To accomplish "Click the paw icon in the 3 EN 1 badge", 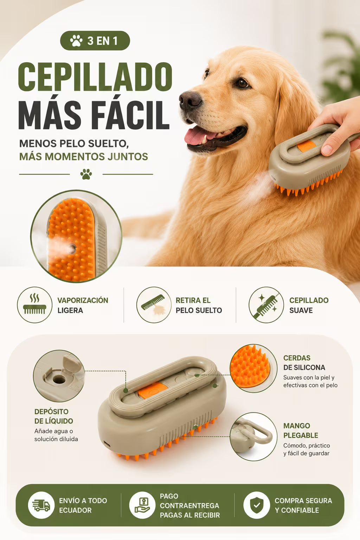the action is pos(76,40).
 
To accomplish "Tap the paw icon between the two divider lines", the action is pos(86,174).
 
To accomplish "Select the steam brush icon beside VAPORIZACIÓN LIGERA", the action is pos(35,304).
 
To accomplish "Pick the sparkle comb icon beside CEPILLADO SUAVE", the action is pos(266,305).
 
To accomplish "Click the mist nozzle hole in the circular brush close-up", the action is pos(72,249).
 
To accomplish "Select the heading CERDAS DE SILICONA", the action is pos(304,362).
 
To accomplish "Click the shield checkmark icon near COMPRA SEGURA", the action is pos(257,505).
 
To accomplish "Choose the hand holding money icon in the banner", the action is pos(142,505).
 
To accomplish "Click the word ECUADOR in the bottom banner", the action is pos(75,510).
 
